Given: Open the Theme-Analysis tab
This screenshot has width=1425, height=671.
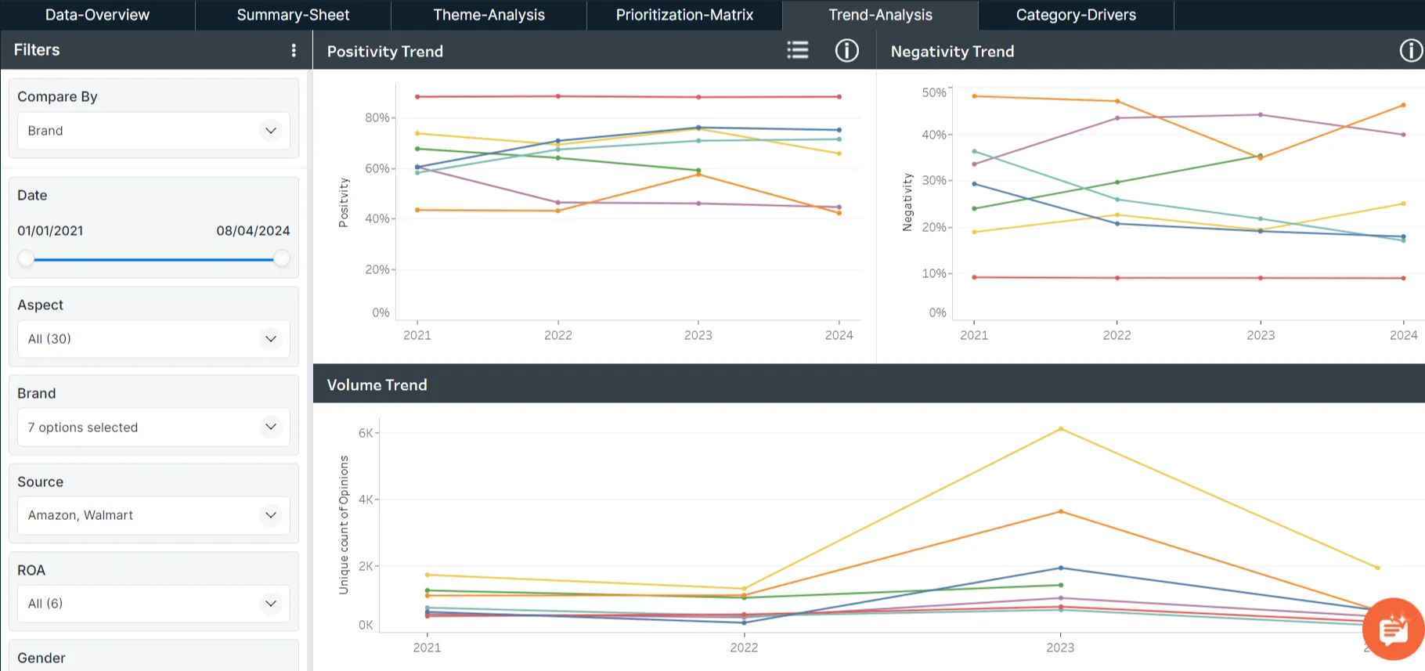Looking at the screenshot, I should click(489, 15).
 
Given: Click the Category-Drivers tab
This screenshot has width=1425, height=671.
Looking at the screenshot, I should click(1076, 15).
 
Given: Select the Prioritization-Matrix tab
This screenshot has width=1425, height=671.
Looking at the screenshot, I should click(684, 15).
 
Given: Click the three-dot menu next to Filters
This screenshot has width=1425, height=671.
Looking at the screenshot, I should click(294, 50).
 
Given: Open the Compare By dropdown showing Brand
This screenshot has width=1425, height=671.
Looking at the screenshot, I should click(153, 131).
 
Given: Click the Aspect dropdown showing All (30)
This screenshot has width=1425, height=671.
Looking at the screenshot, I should click(153, 339).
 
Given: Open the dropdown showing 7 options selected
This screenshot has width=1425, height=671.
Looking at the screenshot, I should click(153, 427).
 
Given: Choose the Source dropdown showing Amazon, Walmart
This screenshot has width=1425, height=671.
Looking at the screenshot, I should click(153, 515).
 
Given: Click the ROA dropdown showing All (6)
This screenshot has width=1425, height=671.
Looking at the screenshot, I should click(153, 604).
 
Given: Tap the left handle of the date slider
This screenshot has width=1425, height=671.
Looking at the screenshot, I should click(27, 258).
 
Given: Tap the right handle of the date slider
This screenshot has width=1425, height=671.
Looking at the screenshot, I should click(282, 258).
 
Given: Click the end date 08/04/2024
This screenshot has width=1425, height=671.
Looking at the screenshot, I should click(253, 231).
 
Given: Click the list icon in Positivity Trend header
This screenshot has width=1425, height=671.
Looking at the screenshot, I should click(797, 51).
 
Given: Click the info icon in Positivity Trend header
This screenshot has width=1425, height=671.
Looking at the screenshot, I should click(846, 51).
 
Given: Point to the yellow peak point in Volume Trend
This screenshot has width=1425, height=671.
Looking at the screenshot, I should click(1061, 428).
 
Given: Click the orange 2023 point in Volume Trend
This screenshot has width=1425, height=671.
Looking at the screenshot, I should click(1061, 511).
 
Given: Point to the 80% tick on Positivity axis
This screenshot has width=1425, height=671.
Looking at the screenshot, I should click(377, 117).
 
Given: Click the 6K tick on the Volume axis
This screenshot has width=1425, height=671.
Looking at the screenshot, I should click(366, 433).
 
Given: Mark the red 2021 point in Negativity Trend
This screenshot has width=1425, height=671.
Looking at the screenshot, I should click(974, 277).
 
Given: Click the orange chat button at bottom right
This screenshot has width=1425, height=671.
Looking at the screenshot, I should click(1393, 629).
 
